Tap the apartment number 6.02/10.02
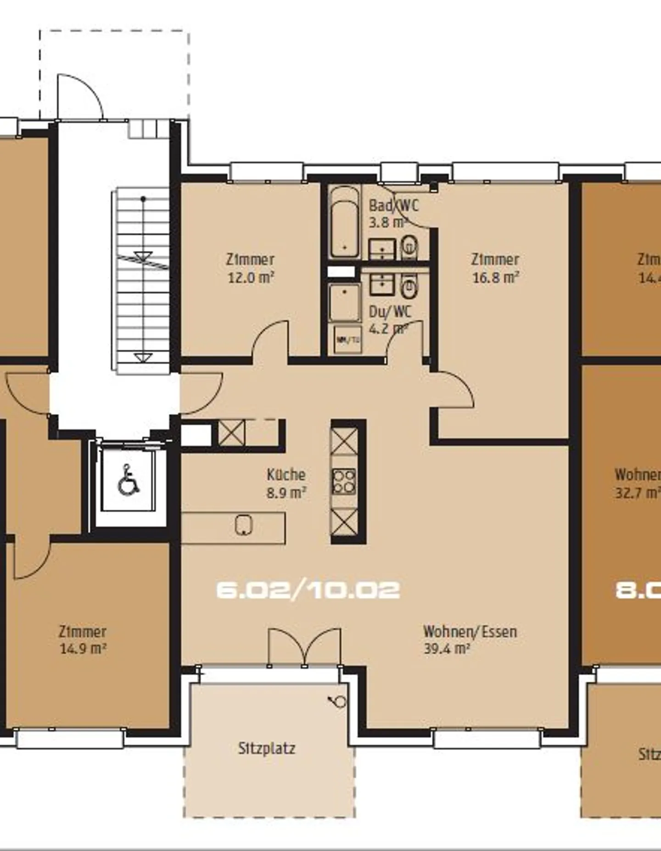click(x=308, y=590)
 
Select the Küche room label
click(x=286, y=475)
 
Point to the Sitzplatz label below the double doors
click(x=266, y=749)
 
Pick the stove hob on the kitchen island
click(x=344, y=481)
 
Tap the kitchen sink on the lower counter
click(x=244, y=525)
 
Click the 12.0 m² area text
click(x=251, y=278)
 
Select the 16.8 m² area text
click(x=495, y=278)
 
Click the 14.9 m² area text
click(x=83, y=649)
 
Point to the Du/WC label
click(x=390, y=312)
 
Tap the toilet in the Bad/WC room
click(x=409, y=246)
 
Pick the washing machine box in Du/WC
click(x=347, y=340)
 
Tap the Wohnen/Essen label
click(x=470, y=632)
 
